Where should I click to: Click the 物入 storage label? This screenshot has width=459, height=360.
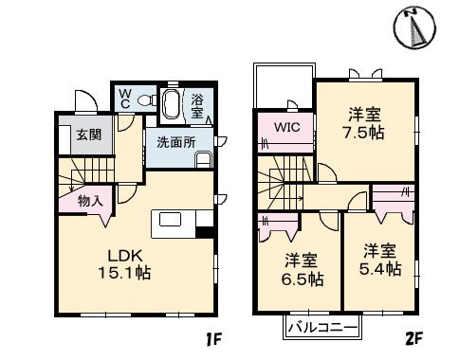tap(89, 200)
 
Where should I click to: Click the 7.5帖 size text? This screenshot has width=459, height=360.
tap(365, 132)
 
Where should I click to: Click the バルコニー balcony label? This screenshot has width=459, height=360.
tap(321, 328)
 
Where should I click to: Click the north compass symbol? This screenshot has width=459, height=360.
tap(414, 27)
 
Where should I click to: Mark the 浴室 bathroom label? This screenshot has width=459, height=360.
tap(197, 106)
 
